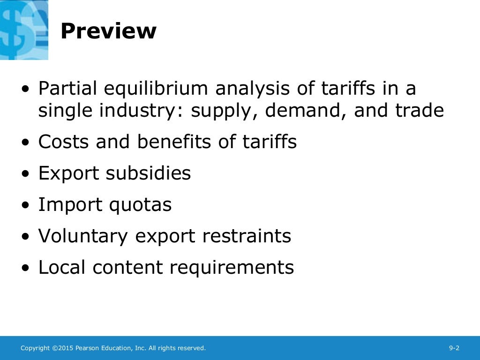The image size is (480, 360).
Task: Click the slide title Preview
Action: pyautogui.click(x=108, y=31)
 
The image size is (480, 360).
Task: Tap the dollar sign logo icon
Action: pyautogui.click(x=23, y=30)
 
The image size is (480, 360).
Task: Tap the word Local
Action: pyautogui.click(x=62, y=267)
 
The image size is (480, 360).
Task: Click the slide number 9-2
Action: pyautogui.click(x=454, y=348)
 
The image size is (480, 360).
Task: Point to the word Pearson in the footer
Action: pyautogui.click(x=87, y=348)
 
